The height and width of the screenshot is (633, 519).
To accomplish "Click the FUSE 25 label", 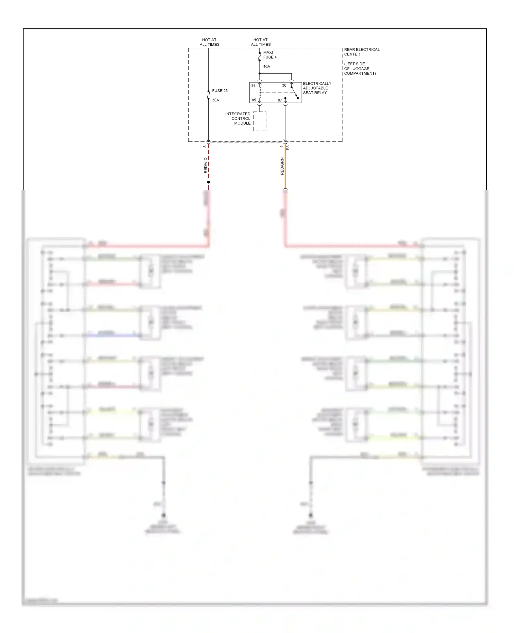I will coord(220,91).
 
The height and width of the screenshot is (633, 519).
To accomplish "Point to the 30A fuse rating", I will coord(216,100).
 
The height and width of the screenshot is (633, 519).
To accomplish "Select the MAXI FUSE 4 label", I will coord(270,55).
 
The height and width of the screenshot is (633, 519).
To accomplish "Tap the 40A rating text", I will coord(266,66).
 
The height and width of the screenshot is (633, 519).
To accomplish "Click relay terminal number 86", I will coord(254,86).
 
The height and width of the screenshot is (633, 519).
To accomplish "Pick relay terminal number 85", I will coord(254,100).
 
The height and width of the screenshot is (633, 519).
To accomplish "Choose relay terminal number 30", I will coord(284,86).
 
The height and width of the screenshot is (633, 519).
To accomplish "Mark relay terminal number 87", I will coord(280,100).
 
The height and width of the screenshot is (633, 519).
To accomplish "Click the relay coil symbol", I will coord(260,92).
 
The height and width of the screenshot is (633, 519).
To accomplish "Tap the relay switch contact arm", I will coord(294,92).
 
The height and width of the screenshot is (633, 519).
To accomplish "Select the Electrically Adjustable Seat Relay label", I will coord(317,88).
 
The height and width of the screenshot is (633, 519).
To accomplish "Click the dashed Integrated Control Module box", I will coord(259,121).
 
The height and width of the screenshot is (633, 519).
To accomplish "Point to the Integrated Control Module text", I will coord(238,118).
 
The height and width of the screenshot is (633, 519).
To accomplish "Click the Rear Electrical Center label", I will coord(362,52).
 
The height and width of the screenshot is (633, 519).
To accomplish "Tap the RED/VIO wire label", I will coord(206,166).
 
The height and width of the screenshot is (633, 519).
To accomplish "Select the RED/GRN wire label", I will coord(282,166).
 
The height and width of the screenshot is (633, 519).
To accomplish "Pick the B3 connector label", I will coord(288,148).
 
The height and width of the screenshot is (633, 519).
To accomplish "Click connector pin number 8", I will coord(205,146).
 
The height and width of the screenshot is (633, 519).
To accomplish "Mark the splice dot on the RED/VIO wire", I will coord(208,182).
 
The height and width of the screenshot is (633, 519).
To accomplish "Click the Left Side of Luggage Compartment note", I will coord(359,69).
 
